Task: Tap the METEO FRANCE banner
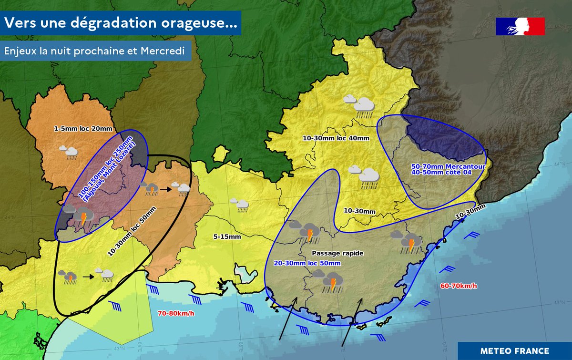coord(514,350)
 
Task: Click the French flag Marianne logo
coord(520,26)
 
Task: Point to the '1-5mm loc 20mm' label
coord(83,129)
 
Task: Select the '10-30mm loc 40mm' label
coord(336,138)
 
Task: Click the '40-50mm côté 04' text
coord(441,173)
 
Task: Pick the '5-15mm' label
coord(227,236)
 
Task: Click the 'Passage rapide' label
coord(337,253)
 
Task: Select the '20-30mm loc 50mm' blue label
coord(307,263)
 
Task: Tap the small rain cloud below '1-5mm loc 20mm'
coord(69,152)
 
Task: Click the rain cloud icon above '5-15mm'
coord(239,204)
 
